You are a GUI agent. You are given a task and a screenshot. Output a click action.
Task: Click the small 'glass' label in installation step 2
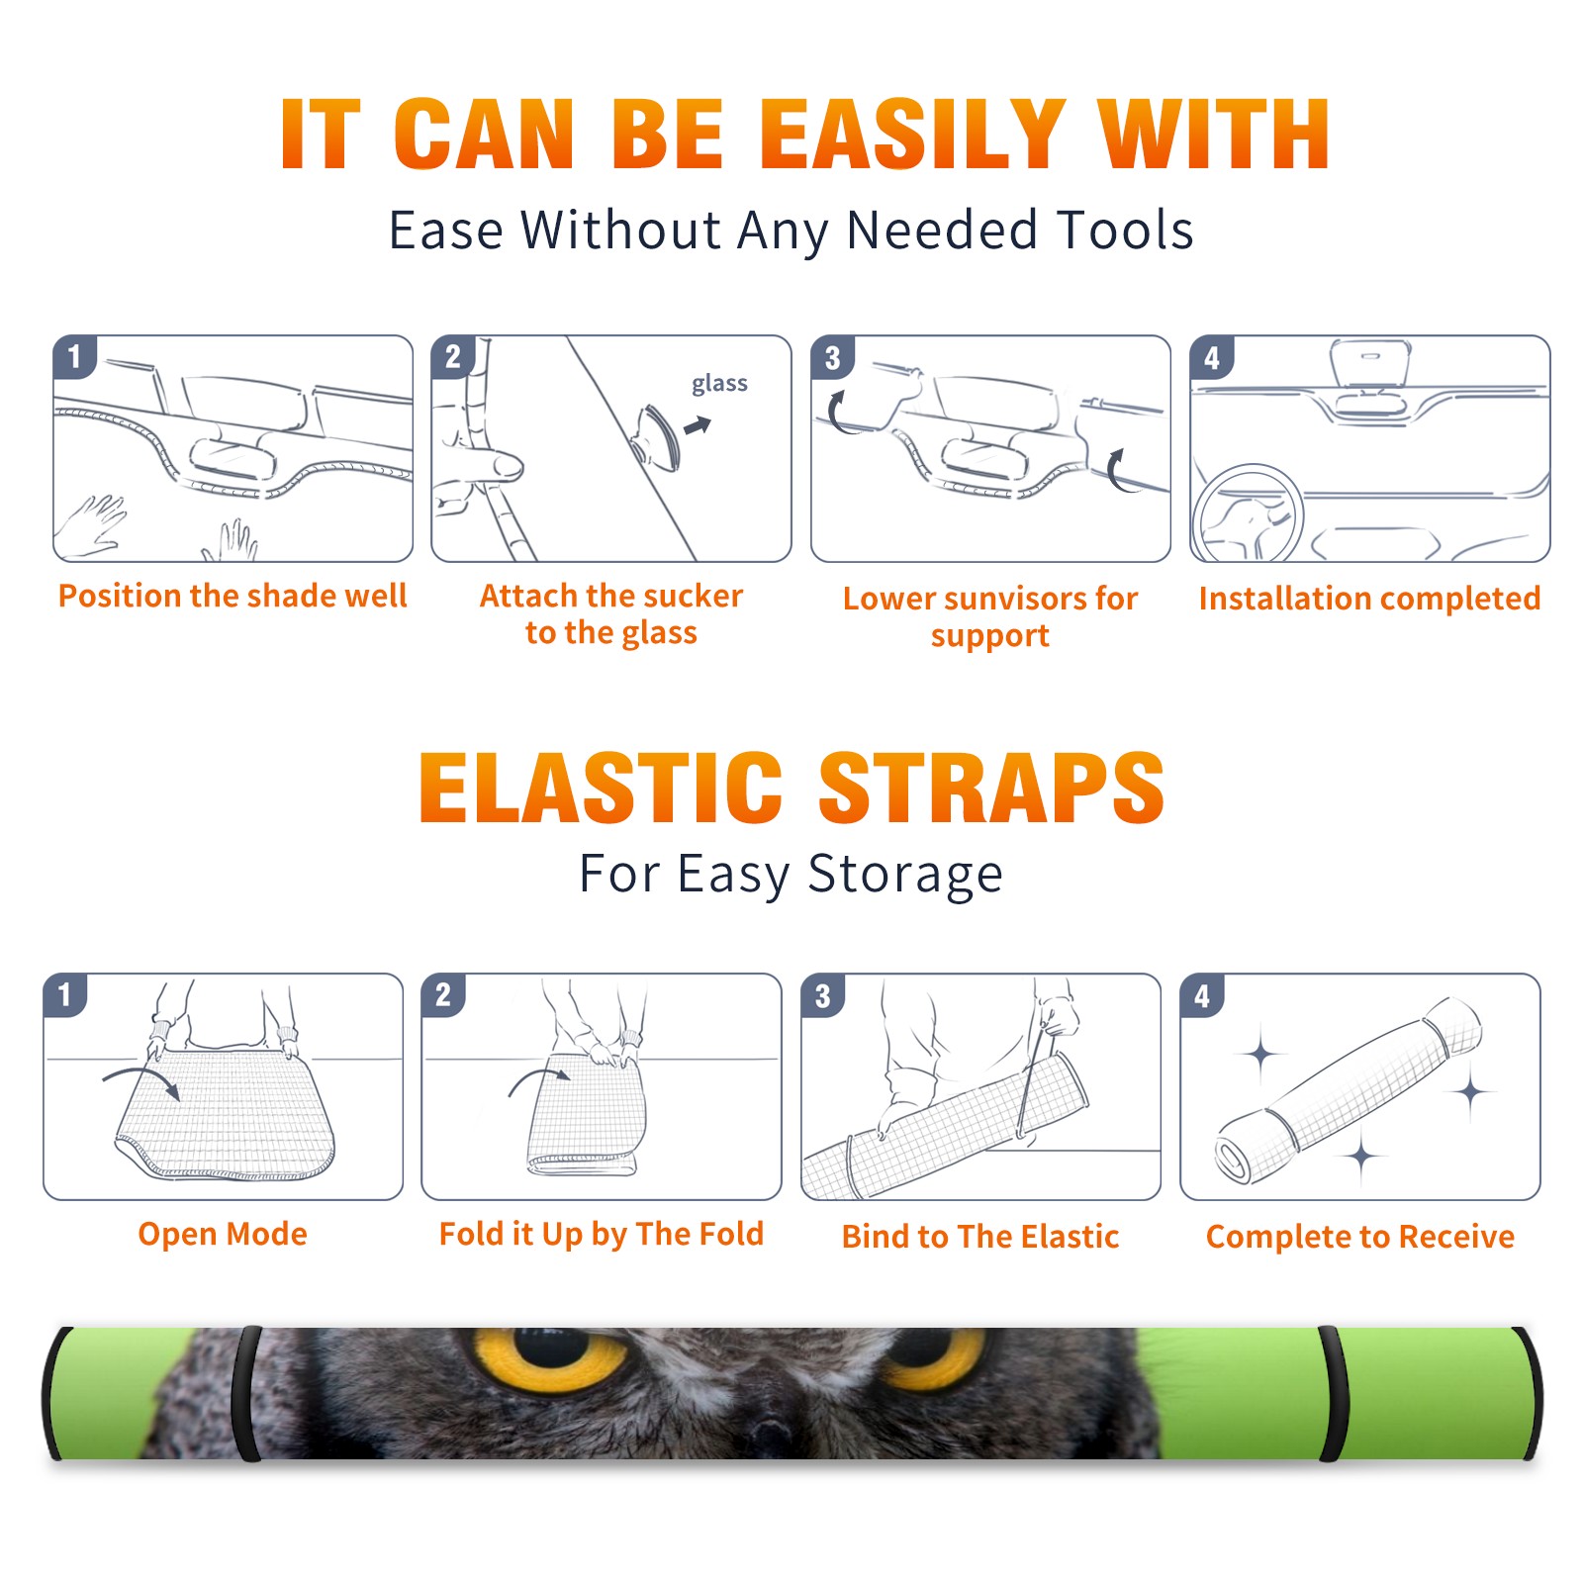[719, 383]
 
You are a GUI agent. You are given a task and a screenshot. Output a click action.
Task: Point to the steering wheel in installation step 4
[1248, 513]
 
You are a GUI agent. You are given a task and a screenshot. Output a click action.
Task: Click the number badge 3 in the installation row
[833, 357]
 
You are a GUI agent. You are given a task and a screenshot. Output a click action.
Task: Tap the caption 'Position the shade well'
[233, 596]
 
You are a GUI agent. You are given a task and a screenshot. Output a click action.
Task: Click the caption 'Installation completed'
[1369, 598]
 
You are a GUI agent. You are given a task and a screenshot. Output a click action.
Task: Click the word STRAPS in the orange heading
[991, 788]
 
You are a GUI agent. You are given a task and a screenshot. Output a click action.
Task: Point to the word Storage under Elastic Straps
[905, 875]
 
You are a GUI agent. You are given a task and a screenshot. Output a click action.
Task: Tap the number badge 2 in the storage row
[443, 994]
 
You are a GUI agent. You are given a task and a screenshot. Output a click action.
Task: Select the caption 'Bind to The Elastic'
[979, 1236]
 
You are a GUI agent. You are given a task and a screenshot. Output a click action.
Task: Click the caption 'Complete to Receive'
[1359, 1237]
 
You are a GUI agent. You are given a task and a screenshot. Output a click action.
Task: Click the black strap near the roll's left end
[247, 1394]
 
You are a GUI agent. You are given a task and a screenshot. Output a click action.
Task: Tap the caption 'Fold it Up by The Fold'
[602, 1234]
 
